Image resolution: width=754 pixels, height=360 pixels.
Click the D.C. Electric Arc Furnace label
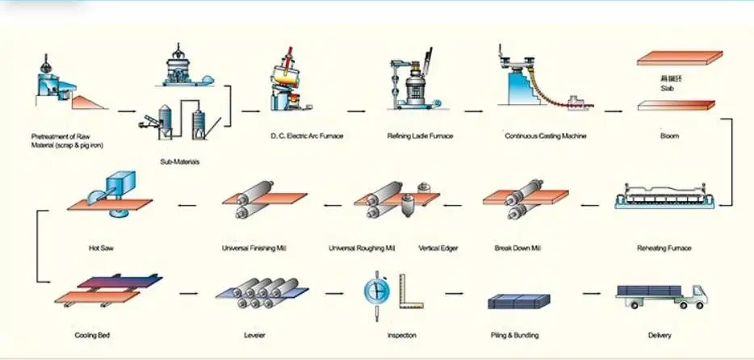pyautogui.click(x=306, y=136)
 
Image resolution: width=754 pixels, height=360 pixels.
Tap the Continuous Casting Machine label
pyautogui.click(x=545, y=136)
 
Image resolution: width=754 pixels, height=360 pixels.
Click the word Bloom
pyautogui.click(x=669, y=136)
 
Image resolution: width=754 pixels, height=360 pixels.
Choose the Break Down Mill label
pyautogui.click(x=517, y=248)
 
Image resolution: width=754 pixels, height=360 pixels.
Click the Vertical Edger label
pyautogui.click(x=439, y=248)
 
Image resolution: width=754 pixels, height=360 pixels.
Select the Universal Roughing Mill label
pyautogui.click(x=362, y=248)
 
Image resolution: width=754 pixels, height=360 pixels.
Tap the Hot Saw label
pyautogui.click(x=101, y=248)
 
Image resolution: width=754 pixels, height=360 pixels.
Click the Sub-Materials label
pyautogui.click(x=179, y=161)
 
